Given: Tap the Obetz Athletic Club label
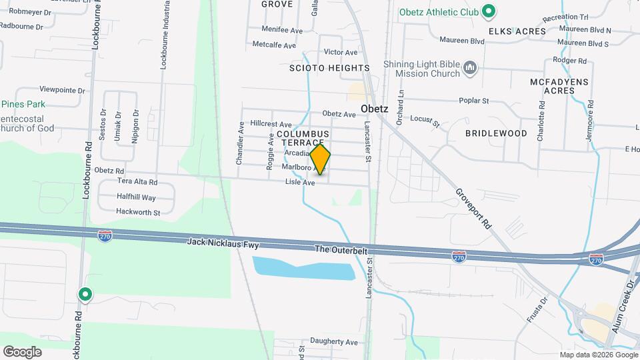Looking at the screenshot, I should (x=439, y=11).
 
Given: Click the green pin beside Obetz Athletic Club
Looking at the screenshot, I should (x=489, y=11).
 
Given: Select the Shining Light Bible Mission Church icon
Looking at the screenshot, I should (x=471, y=69).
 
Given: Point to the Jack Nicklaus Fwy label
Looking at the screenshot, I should (x=223, y=245).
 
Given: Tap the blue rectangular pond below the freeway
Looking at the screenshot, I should (x=303, y=268).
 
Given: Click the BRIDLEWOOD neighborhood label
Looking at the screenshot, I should (x=496, y=133).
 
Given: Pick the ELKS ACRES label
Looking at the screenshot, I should (x=517, y=31).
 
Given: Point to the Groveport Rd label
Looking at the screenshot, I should (x=473, y=209).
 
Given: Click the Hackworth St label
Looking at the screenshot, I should (x=138, y=213).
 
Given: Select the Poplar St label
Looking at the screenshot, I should (x=474, y=101).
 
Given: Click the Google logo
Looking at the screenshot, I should (x=22, y=351).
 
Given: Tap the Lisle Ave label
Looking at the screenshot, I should (x=299, y=182).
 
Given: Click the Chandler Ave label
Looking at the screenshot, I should (x=239, y=143).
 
